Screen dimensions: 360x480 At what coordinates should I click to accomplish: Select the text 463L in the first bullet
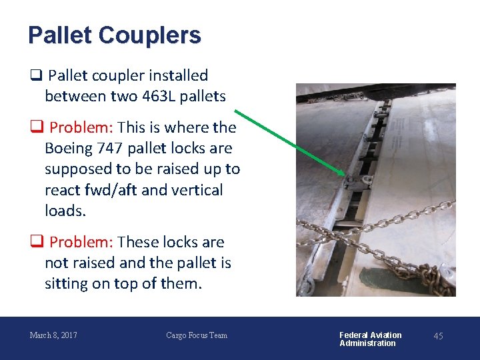point(159,96)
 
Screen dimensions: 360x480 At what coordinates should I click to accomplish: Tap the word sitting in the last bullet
point(69,283)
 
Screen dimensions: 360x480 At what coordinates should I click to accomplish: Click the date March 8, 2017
point(53,335)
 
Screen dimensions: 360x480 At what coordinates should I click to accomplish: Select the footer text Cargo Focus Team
point(197,335)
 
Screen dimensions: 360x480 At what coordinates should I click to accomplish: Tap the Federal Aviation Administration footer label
point(371,339)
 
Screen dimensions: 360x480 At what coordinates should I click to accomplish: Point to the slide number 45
point(438,336)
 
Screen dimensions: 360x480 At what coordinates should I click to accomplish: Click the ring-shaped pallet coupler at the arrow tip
point(354,181)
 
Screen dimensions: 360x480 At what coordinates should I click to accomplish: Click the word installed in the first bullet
point(179,75)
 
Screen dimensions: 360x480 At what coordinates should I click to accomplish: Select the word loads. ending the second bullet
point(64,211)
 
